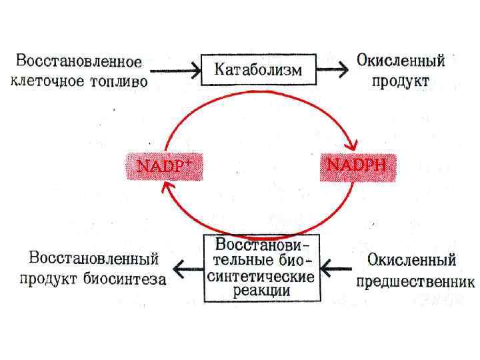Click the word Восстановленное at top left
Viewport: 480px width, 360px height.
(79, 62)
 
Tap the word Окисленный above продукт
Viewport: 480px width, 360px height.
(401, 61)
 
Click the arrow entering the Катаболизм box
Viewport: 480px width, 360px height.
(175, 69)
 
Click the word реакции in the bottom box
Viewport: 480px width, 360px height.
(263, 291)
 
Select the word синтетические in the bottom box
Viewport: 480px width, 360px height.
(263, 277)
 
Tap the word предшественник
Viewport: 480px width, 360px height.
(415, 282)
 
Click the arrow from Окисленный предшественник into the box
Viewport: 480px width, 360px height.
(337, 269)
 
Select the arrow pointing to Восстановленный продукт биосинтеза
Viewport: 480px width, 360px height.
(187, 269)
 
